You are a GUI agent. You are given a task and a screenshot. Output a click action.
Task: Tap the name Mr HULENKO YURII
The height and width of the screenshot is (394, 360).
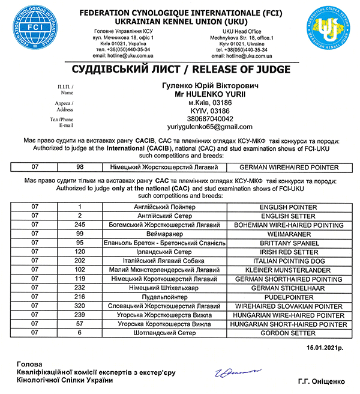(210, 94)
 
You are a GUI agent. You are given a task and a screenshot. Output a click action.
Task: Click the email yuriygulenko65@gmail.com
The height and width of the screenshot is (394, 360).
(209, 127)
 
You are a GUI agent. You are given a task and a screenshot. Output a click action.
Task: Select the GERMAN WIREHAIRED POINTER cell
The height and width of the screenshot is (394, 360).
(289, 167)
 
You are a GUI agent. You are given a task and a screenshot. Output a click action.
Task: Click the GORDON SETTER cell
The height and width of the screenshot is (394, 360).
(289, 332)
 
